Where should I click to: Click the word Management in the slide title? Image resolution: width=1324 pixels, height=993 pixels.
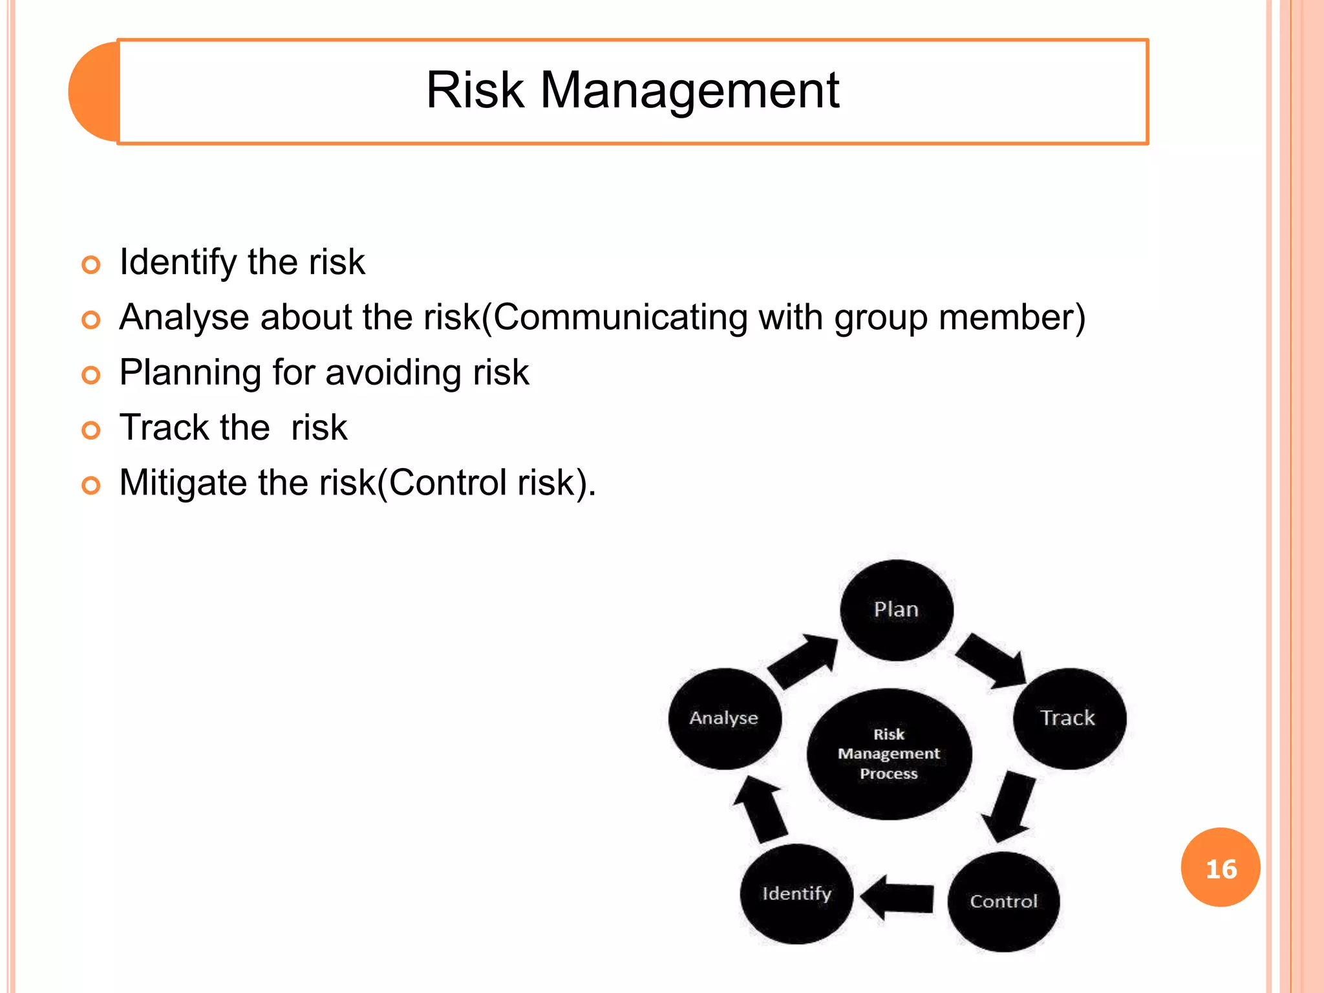(689, 91)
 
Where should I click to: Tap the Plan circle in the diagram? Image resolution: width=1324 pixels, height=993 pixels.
(896, 610)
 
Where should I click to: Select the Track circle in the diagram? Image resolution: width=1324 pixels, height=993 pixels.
(1069, 718)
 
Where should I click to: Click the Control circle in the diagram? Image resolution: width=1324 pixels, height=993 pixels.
(1003, 901)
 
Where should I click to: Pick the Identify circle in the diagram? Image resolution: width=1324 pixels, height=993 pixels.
(796, 894)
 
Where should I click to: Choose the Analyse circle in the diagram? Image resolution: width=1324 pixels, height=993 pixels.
(724, 718)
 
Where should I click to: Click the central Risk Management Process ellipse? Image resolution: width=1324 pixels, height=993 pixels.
(889, 754)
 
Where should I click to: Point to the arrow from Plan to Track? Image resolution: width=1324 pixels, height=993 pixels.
(990, 661)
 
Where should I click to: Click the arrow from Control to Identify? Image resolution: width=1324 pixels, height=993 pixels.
(898, 897)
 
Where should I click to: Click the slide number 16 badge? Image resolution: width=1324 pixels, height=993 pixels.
(1221, 868)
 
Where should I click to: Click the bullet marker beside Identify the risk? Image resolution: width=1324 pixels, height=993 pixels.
(91, 264)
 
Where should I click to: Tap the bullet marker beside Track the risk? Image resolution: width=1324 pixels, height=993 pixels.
(91, 430)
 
